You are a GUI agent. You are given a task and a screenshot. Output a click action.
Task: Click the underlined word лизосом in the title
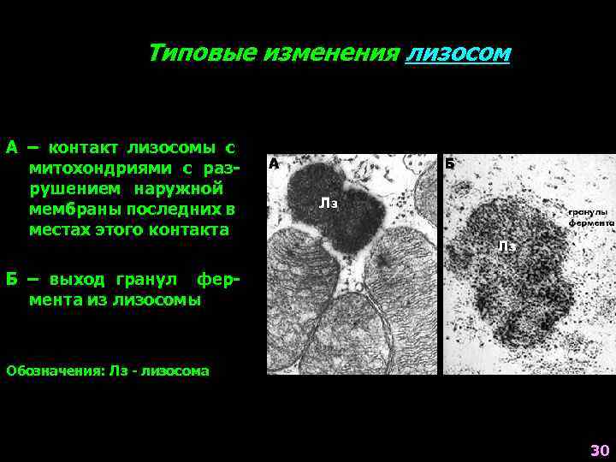coord(459,54)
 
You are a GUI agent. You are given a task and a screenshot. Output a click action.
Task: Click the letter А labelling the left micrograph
coord(274,163)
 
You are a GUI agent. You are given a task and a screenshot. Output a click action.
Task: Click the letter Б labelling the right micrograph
coord(450,163)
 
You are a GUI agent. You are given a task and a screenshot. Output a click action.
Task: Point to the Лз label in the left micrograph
coord(329,204)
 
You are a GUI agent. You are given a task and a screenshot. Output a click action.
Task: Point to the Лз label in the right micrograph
coord(506,246)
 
